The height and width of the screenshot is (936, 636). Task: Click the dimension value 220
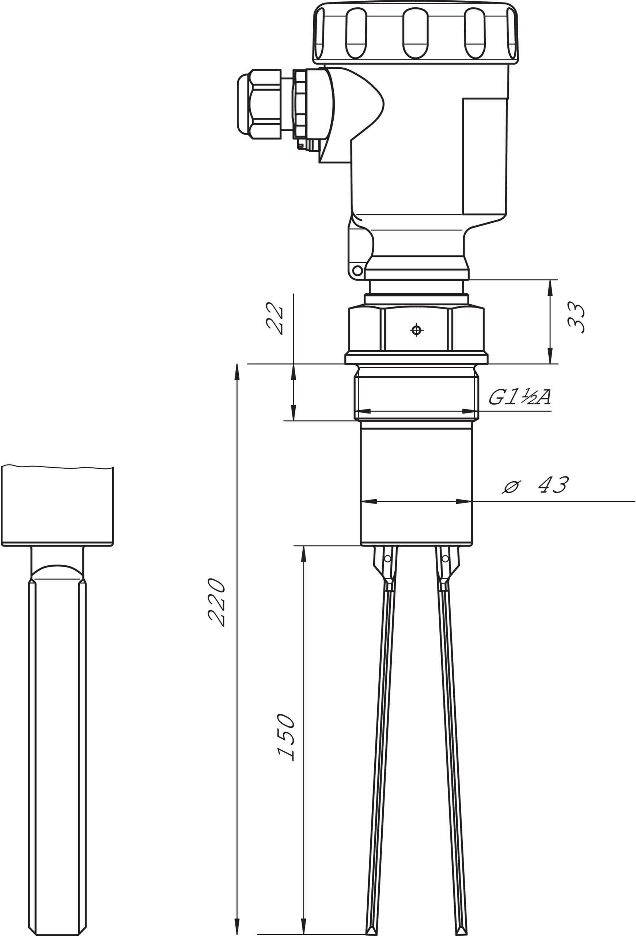point(216,603)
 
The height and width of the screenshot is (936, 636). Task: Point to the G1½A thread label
point(520,397)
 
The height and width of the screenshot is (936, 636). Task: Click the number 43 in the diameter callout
point(554,484)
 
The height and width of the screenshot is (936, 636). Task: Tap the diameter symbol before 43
point(511,487)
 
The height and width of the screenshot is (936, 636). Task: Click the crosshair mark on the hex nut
point(417,330)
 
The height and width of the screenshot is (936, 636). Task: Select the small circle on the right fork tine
point(445,559)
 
